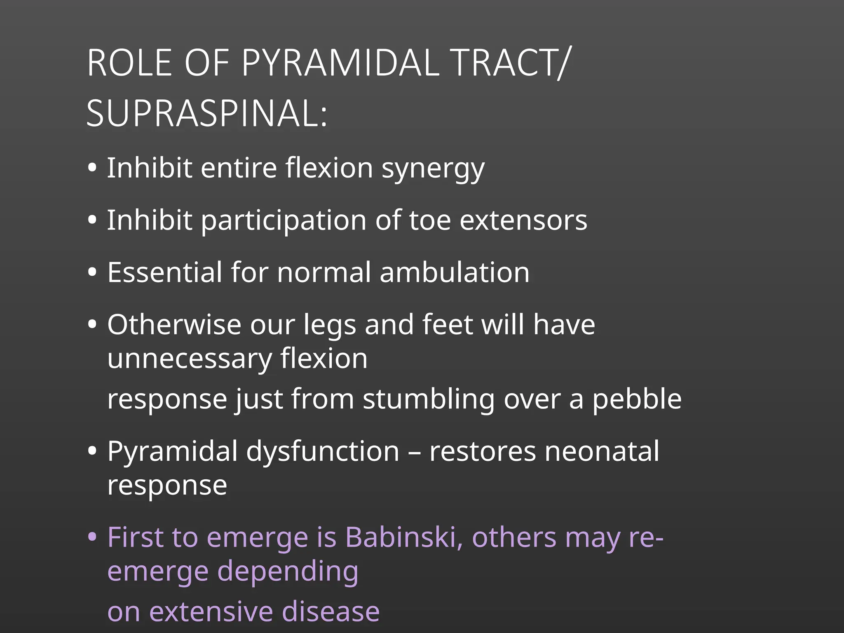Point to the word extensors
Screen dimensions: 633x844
(x=523, y=220)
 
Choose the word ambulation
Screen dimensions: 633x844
(x=454, y=272)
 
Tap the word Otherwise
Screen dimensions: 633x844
(x=174, y=324)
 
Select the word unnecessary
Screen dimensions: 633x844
(x=190, y=359)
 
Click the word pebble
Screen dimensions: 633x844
(x=637, y=399)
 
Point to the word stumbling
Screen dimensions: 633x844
(x=428, y=399)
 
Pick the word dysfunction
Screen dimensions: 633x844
(x=323, y=451)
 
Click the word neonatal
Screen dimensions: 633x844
(x=602, y=451)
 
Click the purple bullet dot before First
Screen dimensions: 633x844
(x=92, y=537)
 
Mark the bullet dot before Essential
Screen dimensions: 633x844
(x=92, y=272)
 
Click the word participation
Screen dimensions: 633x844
(x=284, y=221)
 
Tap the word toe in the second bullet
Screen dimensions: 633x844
(x=430, y=220)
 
